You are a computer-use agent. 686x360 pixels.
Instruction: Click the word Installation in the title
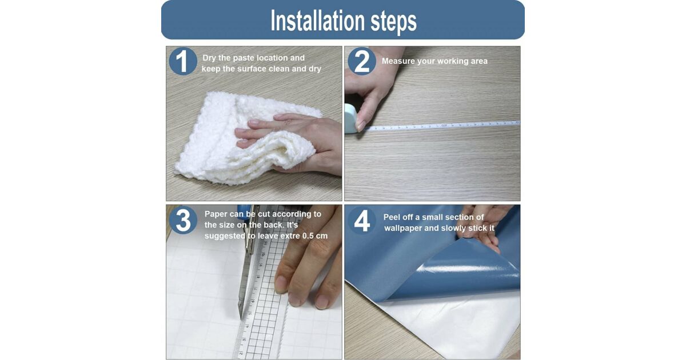[318, 20]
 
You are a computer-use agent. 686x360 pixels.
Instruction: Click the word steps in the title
[394, 22]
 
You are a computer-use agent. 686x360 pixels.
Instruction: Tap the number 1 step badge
[183, 61]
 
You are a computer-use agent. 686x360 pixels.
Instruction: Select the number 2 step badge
[362, 61]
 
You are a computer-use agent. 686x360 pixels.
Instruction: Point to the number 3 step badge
[183, 221]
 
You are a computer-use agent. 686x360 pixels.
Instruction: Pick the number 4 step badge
[362, 221]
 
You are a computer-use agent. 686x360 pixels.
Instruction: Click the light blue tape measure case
[350, 118]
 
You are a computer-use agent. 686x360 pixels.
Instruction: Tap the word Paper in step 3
[216, 214]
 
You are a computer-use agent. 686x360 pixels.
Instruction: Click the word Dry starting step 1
[209, 58]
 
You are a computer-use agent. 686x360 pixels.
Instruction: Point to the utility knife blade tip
[241, 318]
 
